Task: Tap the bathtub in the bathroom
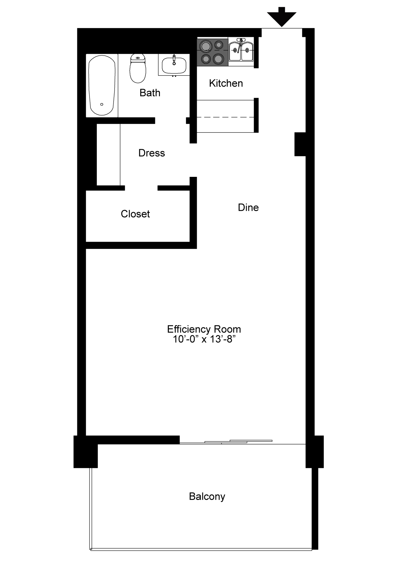pos(102,85)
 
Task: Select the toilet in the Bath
pos(138,68)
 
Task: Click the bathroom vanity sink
pos(174,65)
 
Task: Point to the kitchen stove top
pos(213,52)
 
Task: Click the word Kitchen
pos(226,83)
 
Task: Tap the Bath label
pos(150,93)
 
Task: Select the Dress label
pos(152,153)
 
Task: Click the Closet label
pos(135,214)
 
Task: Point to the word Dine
pos(248,207)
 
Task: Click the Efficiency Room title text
pos(204,329)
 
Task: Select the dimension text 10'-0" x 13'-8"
pos(204,339)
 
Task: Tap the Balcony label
pos(207,497)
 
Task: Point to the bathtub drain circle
pos(102,104)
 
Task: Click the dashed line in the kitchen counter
pos(225,117)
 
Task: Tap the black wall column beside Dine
pos(300,144)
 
